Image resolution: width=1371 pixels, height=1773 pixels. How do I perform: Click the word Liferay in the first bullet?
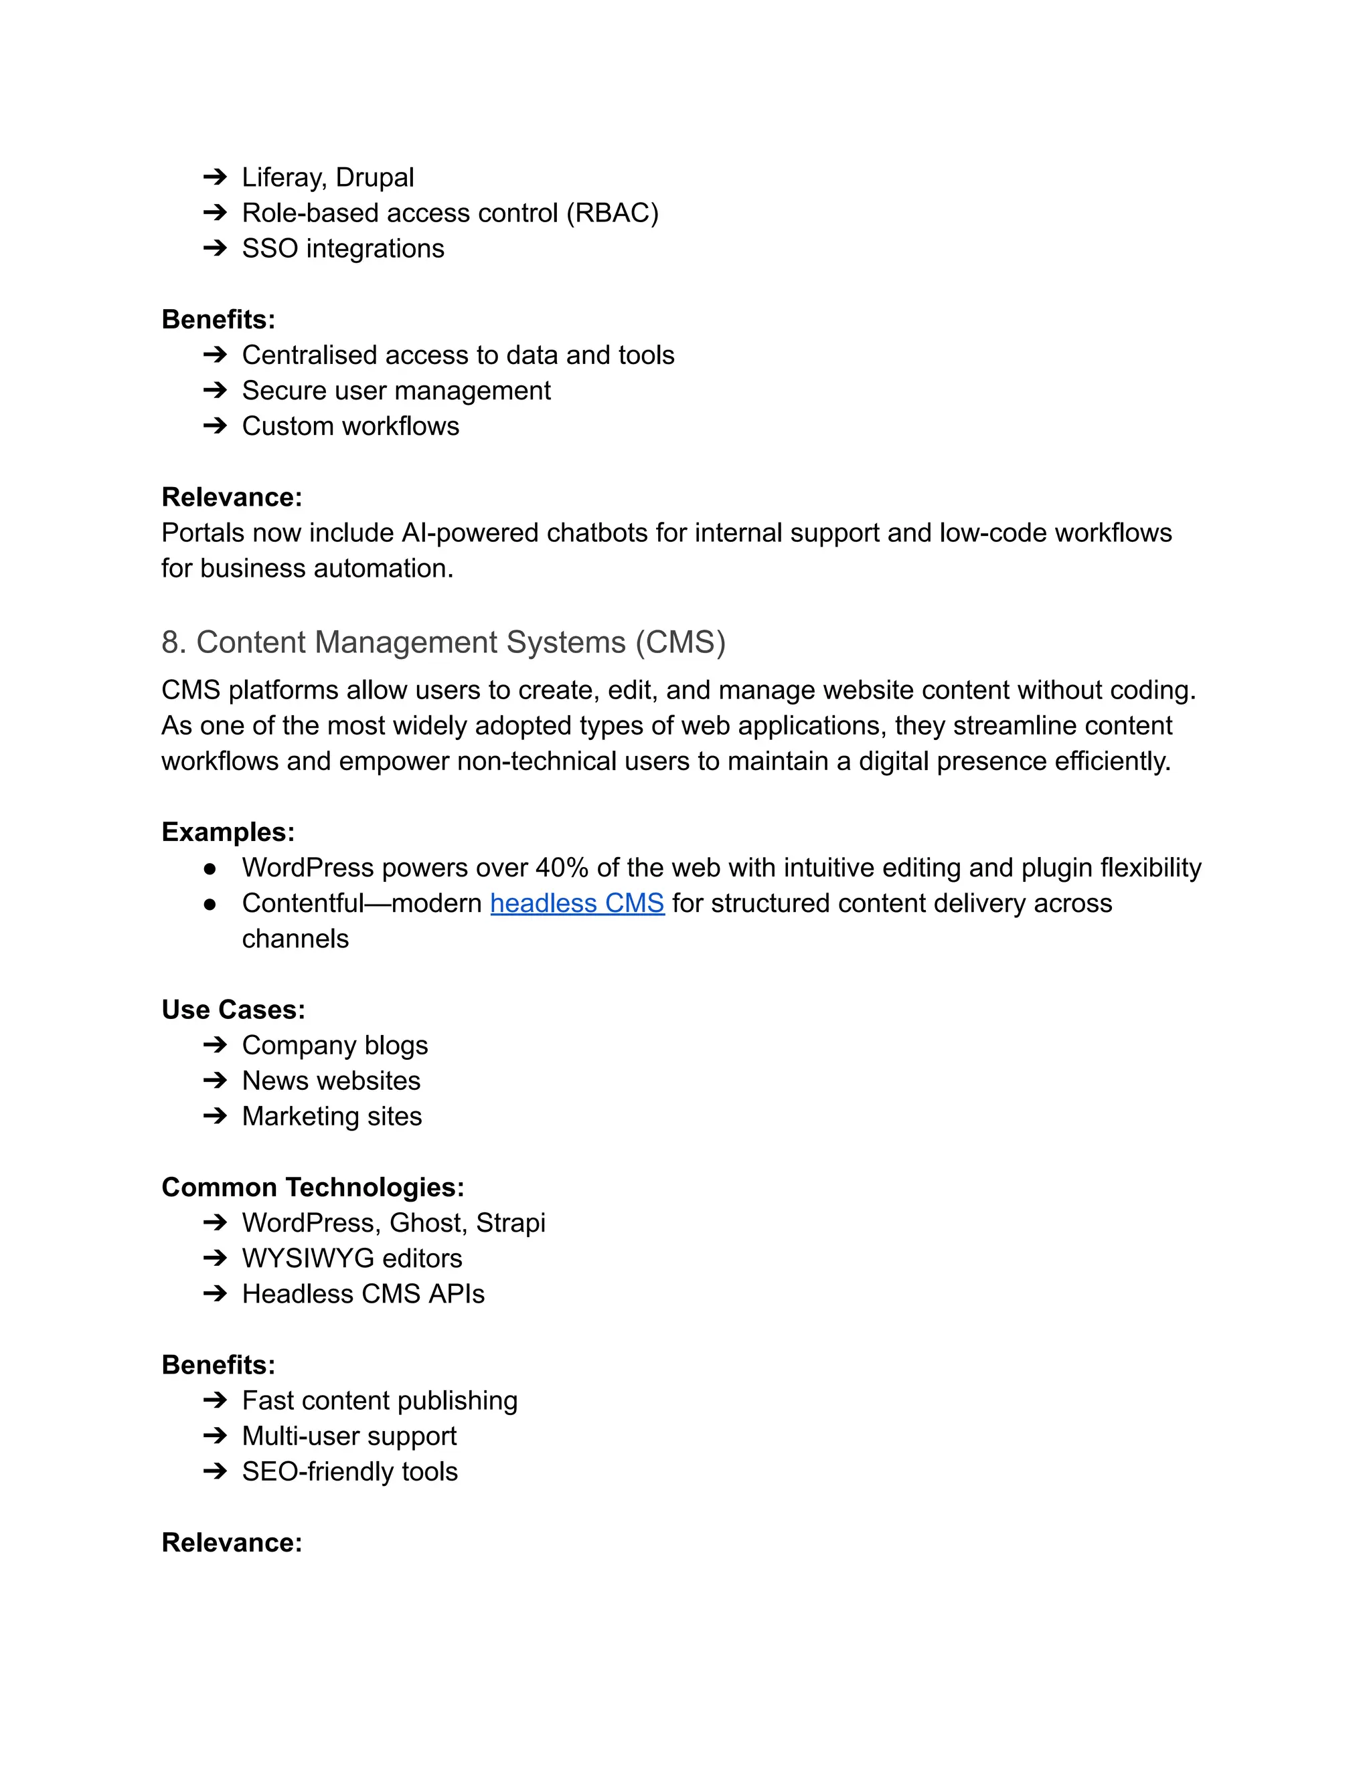280,177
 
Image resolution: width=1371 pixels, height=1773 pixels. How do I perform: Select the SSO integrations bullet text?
343,248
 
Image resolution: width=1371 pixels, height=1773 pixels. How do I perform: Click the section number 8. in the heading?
174,642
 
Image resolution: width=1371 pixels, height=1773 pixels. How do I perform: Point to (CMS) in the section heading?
681,642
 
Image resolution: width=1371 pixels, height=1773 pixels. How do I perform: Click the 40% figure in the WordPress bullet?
561,867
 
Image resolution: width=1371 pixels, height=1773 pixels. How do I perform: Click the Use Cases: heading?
233,1009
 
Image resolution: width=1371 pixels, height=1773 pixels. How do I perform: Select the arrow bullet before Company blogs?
214,1045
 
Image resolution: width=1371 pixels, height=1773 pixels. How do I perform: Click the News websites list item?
331,1081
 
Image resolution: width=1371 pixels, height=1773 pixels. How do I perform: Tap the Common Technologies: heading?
313,1187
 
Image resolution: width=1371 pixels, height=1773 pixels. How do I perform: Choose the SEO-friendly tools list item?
349,1472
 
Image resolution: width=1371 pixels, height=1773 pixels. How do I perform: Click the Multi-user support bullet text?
349,1436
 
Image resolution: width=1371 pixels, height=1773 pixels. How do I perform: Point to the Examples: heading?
228,832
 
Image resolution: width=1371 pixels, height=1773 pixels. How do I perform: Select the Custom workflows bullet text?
350,426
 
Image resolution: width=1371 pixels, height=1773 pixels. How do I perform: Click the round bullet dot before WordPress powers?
210,868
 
